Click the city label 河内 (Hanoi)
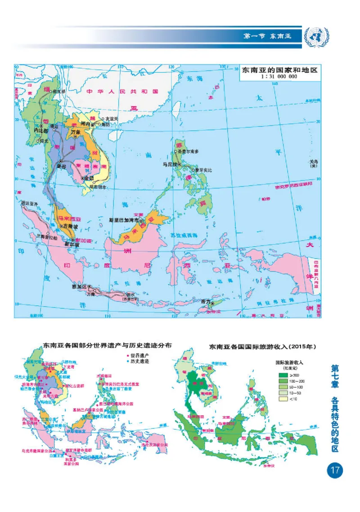[85, 123]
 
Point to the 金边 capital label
[88, 179]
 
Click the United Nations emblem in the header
[316, 36]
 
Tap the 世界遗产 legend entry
[138, 355]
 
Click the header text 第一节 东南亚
[267, 36]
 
